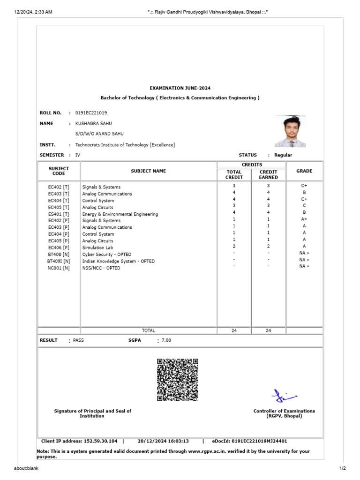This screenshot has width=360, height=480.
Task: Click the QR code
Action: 177,380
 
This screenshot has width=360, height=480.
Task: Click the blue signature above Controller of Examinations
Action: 284,396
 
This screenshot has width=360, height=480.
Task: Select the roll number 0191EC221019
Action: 91,113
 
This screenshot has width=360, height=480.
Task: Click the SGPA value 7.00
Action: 166,340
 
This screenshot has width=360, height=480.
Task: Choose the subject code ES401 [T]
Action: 59,214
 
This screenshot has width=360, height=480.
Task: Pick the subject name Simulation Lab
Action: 97,247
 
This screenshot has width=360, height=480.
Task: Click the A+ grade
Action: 304,219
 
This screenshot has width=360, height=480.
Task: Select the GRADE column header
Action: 304,171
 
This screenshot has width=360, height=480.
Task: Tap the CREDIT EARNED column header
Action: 268,174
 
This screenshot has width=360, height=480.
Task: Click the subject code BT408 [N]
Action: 59,254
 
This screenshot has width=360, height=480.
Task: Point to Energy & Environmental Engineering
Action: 120,214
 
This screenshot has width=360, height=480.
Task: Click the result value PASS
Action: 78,340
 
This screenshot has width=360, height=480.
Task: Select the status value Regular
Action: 283,155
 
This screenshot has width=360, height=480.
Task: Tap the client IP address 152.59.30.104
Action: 100,441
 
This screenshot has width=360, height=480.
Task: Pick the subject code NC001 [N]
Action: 59,268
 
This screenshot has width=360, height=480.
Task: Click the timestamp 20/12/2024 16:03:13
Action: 163,441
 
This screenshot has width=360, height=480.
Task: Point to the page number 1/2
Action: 342,468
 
